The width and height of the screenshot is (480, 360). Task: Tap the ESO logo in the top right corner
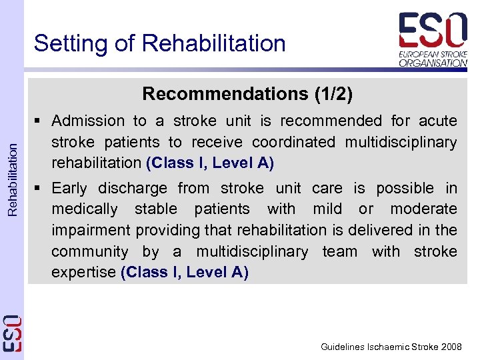pos(433,39)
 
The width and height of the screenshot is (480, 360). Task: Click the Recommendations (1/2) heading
pos(247,94)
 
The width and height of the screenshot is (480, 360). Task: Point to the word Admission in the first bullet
pos(88,121)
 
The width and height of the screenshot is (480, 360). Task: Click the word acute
pos(438,121)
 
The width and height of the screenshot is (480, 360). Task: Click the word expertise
pos(83,273)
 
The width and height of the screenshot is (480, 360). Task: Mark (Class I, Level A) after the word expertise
pos(185,273)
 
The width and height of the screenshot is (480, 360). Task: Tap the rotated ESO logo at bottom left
pos(12,333)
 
